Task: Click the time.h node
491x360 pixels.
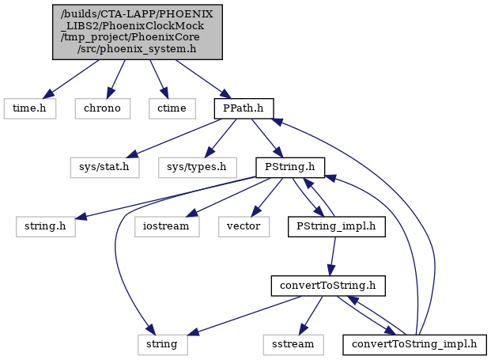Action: click(x=30, y=108)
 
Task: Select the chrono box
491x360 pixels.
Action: click(x=103, y=108)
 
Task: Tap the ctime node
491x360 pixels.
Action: click(x=172, y=108)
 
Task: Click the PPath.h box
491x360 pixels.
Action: click(x=244, y=108)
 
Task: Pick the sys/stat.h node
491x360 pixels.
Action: click(x=104, y=167)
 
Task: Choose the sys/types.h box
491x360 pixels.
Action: click(x=198, y=167)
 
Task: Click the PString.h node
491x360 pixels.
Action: click(x=290, y=167)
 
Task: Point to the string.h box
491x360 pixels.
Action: click(x=46, y=226)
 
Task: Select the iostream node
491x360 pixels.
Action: click(x=167, y=226)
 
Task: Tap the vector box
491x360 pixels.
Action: click(x=244, y=226)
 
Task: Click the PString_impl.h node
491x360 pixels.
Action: click(x=336, y=226)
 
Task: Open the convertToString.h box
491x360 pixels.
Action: click(x=328, y=286)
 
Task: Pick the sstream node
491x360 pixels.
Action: click(x=293, y=345)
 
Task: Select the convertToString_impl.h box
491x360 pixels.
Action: click(x=414, y=345)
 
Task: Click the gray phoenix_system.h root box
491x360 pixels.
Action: click(x=137, y=32)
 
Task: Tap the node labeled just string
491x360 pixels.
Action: click(x=162, y=345)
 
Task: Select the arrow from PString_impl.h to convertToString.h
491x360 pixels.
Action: click(x=333, y=256)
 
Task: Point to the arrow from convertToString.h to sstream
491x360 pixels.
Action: click(x=311, y=315)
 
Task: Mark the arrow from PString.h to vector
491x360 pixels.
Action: click(x=267, y=197)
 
